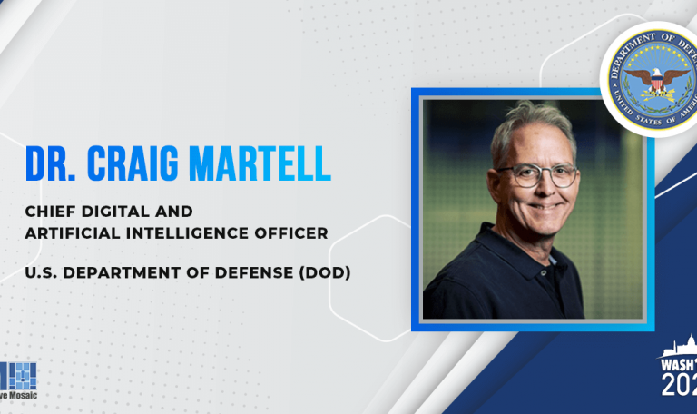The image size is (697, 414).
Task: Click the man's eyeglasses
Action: [536, 174]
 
